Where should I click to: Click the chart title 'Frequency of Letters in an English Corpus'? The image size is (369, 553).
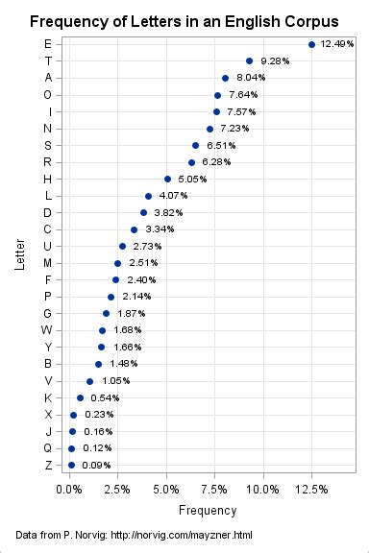184,20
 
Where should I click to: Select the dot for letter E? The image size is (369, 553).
311,44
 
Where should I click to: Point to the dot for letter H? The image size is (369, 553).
167,179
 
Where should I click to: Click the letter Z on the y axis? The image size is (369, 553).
48,465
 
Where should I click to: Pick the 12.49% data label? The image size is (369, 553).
337,44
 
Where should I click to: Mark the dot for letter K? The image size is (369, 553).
81,397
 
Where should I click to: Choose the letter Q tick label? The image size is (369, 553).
48,448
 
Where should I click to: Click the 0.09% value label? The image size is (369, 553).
96,465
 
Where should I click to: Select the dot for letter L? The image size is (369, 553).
148,196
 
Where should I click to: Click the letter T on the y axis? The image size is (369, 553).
48,60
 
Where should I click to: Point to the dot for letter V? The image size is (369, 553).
90,381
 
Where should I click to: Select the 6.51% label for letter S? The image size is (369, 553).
220,145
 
